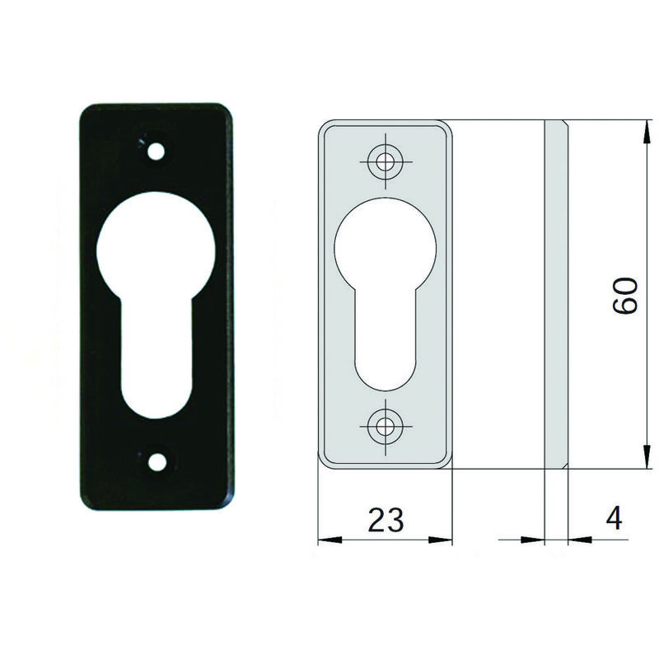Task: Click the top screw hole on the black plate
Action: coord(157,152)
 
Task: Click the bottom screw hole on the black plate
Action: coord(157,462)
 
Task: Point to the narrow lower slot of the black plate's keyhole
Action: coord(156,358)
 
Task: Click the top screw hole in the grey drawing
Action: coord(385,161)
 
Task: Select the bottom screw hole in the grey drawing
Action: coord(383,427)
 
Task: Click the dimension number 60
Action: coord(624,296)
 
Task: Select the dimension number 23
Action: coord(386,520)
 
